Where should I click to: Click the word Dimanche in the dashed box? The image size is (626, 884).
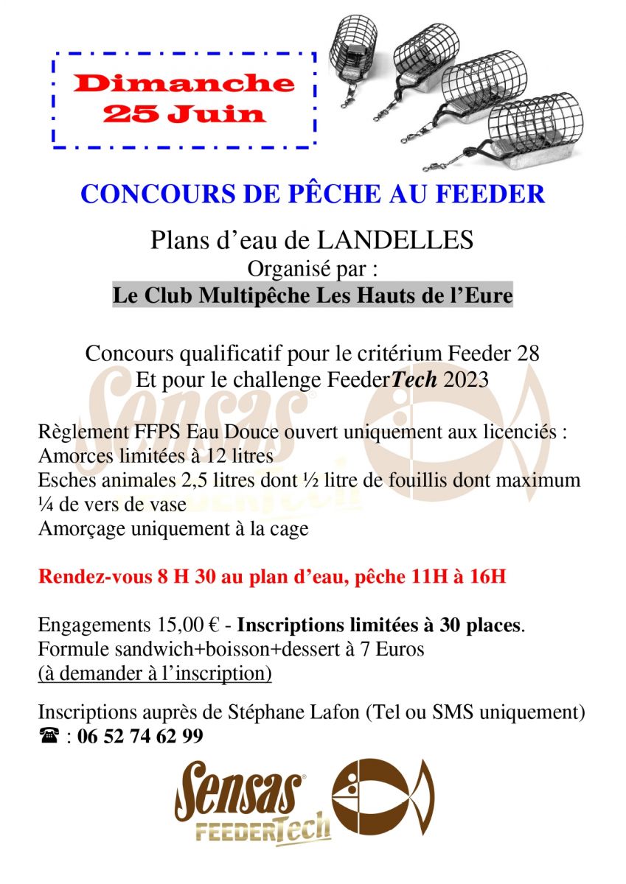[184, 83]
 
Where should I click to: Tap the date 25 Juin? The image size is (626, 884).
[184, 113]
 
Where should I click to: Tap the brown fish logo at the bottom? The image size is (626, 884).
[383, 796]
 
